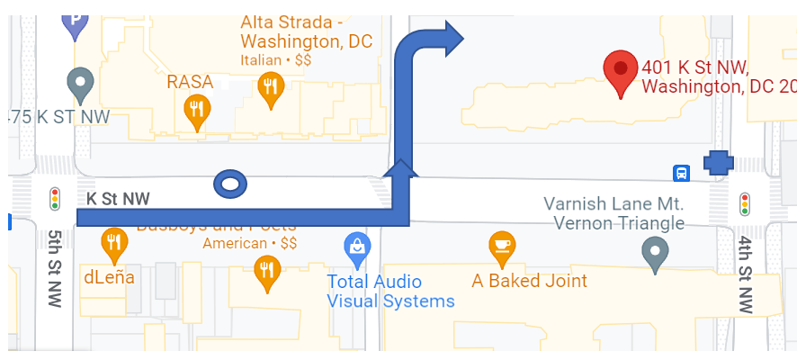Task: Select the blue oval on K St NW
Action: coord(229,184)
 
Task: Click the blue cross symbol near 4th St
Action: coord(718,163)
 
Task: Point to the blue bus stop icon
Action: coord(682,172)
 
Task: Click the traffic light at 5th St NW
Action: coord(54,198)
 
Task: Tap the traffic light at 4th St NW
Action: coord(744,203)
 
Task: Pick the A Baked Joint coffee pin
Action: coord(502,246)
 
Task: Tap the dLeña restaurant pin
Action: coord(112,241)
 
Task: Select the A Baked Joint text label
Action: coord(530,281)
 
